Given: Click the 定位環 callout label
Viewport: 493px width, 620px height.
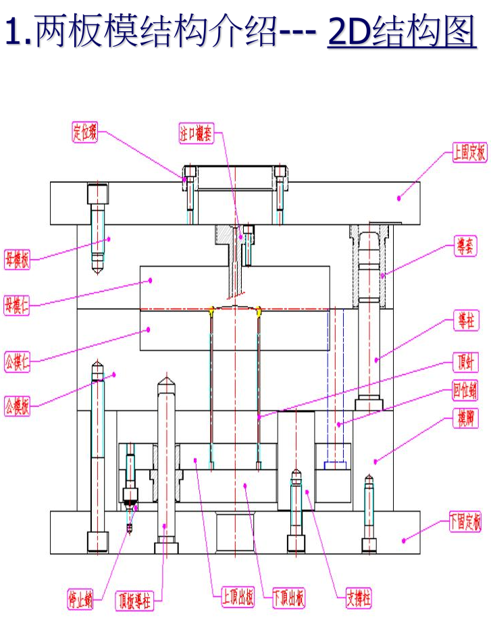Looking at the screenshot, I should coord(85,131).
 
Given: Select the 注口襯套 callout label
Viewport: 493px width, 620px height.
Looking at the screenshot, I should coord(196,134).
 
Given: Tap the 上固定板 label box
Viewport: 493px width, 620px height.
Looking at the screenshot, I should coord(469,153).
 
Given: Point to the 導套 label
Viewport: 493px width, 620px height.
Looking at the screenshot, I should coord(465,248).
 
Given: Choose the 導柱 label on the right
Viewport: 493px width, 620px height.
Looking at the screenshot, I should coord(465,322).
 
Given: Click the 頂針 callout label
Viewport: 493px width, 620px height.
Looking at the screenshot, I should coord(465,363).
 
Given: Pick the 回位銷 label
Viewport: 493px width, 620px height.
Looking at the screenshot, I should coord(465,390).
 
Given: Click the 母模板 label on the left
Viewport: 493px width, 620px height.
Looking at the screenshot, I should coord(18,259).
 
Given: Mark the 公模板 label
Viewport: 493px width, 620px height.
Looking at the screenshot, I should coord(18,406).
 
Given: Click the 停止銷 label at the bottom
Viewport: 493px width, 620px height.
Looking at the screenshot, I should coord(82,599).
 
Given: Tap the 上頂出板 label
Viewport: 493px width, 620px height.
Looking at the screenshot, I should coord(238,596).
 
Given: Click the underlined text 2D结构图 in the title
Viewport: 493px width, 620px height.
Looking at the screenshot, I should coord(402,32).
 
